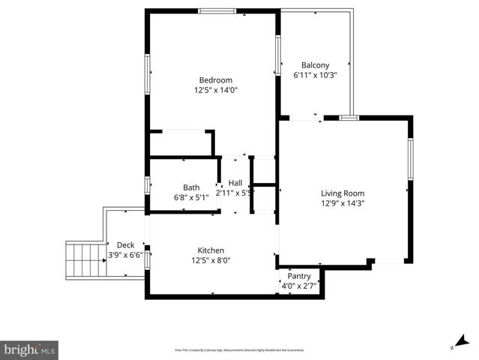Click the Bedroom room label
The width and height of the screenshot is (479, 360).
pos(215,80)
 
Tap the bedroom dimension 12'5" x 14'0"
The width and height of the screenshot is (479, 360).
pos(215,90)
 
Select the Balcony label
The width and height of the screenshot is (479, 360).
pos(315,65)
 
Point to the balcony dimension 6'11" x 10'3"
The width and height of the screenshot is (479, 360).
pos(315,75)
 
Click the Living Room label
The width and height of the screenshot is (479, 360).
pos(343,193)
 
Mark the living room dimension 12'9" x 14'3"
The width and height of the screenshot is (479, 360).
pos(343,202)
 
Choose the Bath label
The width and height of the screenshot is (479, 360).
pos(191,187)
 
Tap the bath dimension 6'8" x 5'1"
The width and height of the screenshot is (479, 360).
pos(191,197)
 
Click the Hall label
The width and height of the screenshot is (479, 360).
pos(235,183)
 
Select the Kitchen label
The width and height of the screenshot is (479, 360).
pos(211,250)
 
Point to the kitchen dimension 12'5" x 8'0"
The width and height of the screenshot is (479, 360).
pos(211,260)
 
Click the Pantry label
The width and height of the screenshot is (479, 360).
pos(299,276)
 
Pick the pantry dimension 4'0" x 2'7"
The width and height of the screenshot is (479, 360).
pos(299,286)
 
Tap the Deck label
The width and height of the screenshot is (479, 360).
pos(125,245)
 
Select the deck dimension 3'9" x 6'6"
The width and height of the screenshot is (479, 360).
pos(125,255)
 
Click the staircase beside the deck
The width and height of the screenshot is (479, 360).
pos(83,259)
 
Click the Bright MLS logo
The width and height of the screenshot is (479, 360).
pos(30,349)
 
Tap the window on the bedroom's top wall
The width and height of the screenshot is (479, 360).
pos(217,10)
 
